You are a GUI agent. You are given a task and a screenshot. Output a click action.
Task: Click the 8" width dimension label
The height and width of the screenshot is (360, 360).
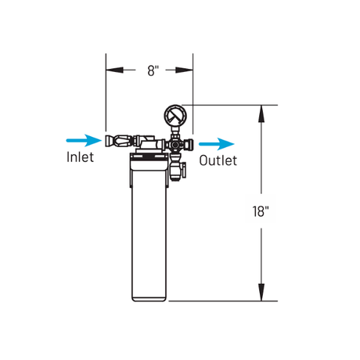coord(153,70)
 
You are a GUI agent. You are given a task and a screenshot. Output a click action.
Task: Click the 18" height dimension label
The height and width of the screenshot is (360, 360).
coord(260,211)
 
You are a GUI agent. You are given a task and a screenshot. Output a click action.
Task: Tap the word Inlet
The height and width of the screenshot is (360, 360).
coord(80,157)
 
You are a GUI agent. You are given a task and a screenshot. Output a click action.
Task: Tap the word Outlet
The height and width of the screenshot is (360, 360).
coord(218,160)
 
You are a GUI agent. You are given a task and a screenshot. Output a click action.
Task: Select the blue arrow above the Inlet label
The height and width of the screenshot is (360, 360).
coord(84,140)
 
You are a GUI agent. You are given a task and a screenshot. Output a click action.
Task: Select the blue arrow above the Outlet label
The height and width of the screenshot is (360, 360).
coord(217,144)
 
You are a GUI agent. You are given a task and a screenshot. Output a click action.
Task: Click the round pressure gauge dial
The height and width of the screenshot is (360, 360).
coord(175,116)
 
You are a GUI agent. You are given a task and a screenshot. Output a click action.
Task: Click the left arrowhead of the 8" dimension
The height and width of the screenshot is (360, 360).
coord(114,70)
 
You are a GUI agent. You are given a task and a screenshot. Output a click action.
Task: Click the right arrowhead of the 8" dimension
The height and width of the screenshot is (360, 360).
coord(184,70)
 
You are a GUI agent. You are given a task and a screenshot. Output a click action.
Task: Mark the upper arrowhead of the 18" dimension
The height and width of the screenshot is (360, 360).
coord(261,113)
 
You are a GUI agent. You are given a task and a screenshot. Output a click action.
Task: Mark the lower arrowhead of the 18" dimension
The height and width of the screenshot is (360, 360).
coord(261,292)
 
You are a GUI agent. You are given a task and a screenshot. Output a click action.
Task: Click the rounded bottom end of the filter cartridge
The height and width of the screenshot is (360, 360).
coord(149,299)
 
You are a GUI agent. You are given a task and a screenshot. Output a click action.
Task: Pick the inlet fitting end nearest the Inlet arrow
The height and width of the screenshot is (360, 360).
coord(107,141)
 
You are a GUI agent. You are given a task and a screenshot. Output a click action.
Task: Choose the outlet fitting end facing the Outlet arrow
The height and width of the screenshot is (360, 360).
coord(191,144)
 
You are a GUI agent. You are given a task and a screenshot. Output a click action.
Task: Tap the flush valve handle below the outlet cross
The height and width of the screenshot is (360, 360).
coord(184,170)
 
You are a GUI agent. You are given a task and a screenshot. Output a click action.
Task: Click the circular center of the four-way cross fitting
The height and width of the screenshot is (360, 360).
coord(175,144)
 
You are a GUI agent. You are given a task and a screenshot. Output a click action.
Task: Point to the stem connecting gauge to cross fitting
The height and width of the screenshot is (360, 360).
coord(175,130)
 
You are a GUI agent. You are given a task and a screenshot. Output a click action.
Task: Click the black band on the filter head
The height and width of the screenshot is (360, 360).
coord(149,157)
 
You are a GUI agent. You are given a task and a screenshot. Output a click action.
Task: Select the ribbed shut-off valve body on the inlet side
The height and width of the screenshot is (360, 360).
coord(122,141)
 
